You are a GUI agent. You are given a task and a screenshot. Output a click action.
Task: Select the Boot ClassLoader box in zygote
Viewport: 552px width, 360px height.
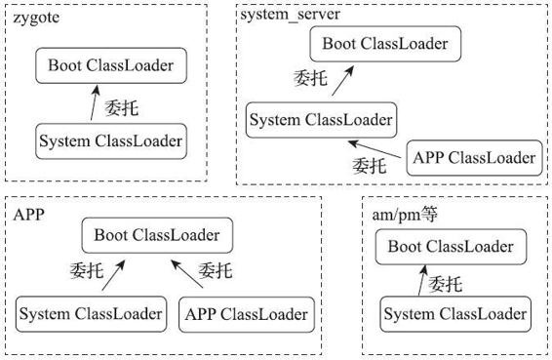tap(110, 65)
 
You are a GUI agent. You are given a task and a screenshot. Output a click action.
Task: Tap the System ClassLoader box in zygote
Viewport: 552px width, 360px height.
tap(110, 141)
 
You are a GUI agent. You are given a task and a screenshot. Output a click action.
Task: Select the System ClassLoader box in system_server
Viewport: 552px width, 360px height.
tap(321, 120)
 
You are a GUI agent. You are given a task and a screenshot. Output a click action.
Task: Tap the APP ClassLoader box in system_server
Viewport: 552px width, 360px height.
tap(474, 157)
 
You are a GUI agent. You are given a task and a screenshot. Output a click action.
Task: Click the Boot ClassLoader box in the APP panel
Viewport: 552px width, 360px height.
tap(157, 235)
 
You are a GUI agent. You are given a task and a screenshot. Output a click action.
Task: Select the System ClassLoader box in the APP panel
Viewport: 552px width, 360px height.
tap(90, 314)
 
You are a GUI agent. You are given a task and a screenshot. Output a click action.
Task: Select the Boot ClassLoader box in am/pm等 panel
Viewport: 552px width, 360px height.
tap(450, 246)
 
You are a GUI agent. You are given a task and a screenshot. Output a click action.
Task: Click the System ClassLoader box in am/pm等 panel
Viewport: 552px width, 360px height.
tap(455, 314)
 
